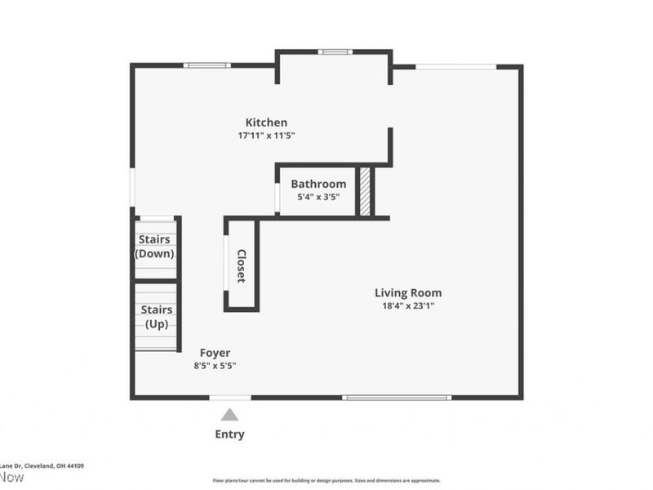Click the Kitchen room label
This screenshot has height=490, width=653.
266,122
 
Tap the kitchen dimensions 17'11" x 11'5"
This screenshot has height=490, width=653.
266,136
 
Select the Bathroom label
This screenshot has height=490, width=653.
318,184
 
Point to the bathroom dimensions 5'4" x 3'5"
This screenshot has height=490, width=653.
318,197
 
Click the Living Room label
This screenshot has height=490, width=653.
408,292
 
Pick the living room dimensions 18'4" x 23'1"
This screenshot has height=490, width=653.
408,306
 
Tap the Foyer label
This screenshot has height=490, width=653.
215,353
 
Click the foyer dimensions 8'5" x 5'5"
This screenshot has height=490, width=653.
215,366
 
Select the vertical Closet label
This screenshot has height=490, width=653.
242,265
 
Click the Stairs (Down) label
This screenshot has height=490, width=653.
155,247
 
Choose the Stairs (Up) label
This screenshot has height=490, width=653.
155,317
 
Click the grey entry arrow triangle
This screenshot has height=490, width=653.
230,415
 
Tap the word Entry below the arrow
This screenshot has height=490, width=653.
229,434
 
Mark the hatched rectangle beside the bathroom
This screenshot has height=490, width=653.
366,192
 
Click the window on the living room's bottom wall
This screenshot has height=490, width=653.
397,398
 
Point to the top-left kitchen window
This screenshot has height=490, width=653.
207,65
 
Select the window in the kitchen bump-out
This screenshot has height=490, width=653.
335,52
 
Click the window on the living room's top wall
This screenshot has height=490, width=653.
455,66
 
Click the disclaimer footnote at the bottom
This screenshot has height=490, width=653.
326,481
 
